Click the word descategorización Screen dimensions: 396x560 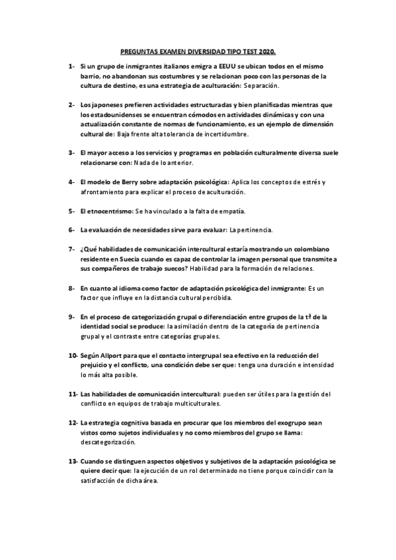pyautogui.click(x=108, y=442)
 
